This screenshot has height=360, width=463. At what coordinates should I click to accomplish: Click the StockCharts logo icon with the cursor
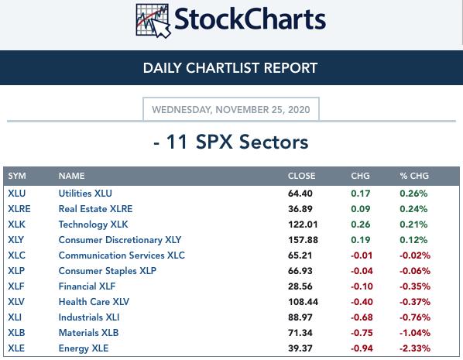(x=153, y=21)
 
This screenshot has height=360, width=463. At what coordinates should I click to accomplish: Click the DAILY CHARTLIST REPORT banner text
(x=230, y=68)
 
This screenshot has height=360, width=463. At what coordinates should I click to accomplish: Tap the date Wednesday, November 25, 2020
(x=231, y=110)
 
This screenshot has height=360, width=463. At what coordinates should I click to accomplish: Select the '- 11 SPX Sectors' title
(x=231, y=142)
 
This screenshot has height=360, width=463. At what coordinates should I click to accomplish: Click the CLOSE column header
(x=301, y=176)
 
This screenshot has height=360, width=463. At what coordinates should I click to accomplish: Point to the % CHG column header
(x=414, y=176)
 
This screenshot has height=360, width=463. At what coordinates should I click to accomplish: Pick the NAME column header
(x=71, y=176)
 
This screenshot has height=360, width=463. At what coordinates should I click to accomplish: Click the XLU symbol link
(x=17, y=194)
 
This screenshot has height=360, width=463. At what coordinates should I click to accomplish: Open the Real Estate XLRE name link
(x=95, y=209)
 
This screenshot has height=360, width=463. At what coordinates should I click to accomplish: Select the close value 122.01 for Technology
(x=303, y=225)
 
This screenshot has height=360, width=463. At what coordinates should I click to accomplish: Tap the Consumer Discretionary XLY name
(x=120, y=240)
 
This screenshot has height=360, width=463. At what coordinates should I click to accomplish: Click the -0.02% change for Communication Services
(x=415, y=255)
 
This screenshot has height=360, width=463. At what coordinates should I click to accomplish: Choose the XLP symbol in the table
(x=16, y=271)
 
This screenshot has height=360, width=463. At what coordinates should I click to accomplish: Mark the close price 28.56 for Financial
(x=300, y=286)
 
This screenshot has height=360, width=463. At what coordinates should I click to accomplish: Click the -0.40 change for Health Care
(x=362, y=302)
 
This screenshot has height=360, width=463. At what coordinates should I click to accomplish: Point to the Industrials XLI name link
(x=89, y=317)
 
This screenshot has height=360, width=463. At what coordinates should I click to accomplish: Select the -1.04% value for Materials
(x=415, y=333)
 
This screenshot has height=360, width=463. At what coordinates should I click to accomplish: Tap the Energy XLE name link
(x=84, y=348)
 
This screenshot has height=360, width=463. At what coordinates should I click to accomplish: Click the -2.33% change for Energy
(x=415, y=348)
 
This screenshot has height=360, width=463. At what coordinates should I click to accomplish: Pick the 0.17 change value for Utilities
(x=361, y=194)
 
